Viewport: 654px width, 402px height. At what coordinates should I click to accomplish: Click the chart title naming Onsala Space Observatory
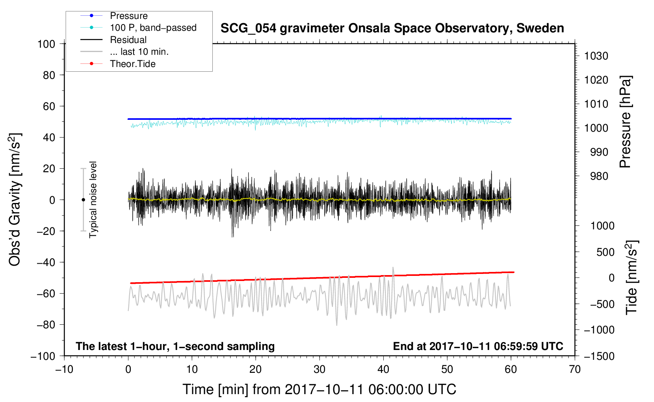pyautogui.click(x=392, y=28)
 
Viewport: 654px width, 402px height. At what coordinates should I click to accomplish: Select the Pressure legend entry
pyautogui.click(x=129, y=16)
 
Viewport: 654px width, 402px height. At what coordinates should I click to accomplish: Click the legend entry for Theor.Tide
pyautogui.click(x=133, y=64)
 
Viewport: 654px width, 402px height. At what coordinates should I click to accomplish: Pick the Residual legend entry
pyautogui.click(x=128, y=40)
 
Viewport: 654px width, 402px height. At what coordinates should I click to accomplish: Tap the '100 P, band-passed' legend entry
pyautogui.click(x=153, y=28)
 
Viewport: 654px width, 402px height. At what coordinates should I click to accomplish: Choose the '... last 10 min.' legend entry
pyautogui.click(x=139, y=52)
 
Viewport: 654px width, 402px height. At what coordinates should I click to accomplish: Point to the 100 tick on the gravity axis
pyautogui.click(x=46, y=44)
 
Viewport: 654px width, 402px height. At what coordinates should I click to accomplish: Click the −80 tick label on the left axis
pyautogui.click(x=46, y=325)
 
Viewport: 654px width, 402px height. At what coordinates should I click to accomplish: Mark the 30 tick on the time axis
pyautogui.click(x=320, y=369)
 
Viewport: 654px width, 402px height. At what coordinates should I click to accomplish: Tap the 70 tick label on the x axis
pyautogui.click(x=575, y=369)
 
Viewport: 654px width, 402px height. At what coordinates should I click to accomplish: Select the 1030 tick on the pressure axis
pyautogui.click(x=596, y=56)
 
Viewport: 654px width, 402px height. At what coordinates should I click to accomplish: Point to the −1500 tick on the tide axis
pyautogui.click(x=599, y=356)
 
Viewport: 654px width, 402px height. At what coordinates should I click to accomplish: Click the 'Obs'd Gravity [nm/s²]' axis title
pyautogui.click(x=15, y=199)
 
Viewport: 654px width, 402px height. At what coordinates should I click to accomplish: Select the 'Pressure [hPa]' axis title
pyautogui.click(x=625, y=122)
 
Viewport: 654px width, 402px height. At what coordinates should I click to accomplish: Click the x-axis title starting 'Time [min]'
pyautogui.click(x=320, y=389)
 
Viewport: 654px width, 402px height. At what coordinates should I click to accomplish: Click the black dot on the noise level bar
pyautogui.click(x=83, y=200)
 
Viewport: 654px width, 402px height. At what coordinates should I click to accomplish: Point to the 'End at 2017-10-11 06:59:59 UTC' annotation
pyautogui.click(x=478, y=346)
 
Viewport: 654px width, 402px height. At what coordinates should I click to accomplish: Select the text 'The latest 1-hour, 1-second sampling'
pyautogui.click(x=175, y=346)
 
